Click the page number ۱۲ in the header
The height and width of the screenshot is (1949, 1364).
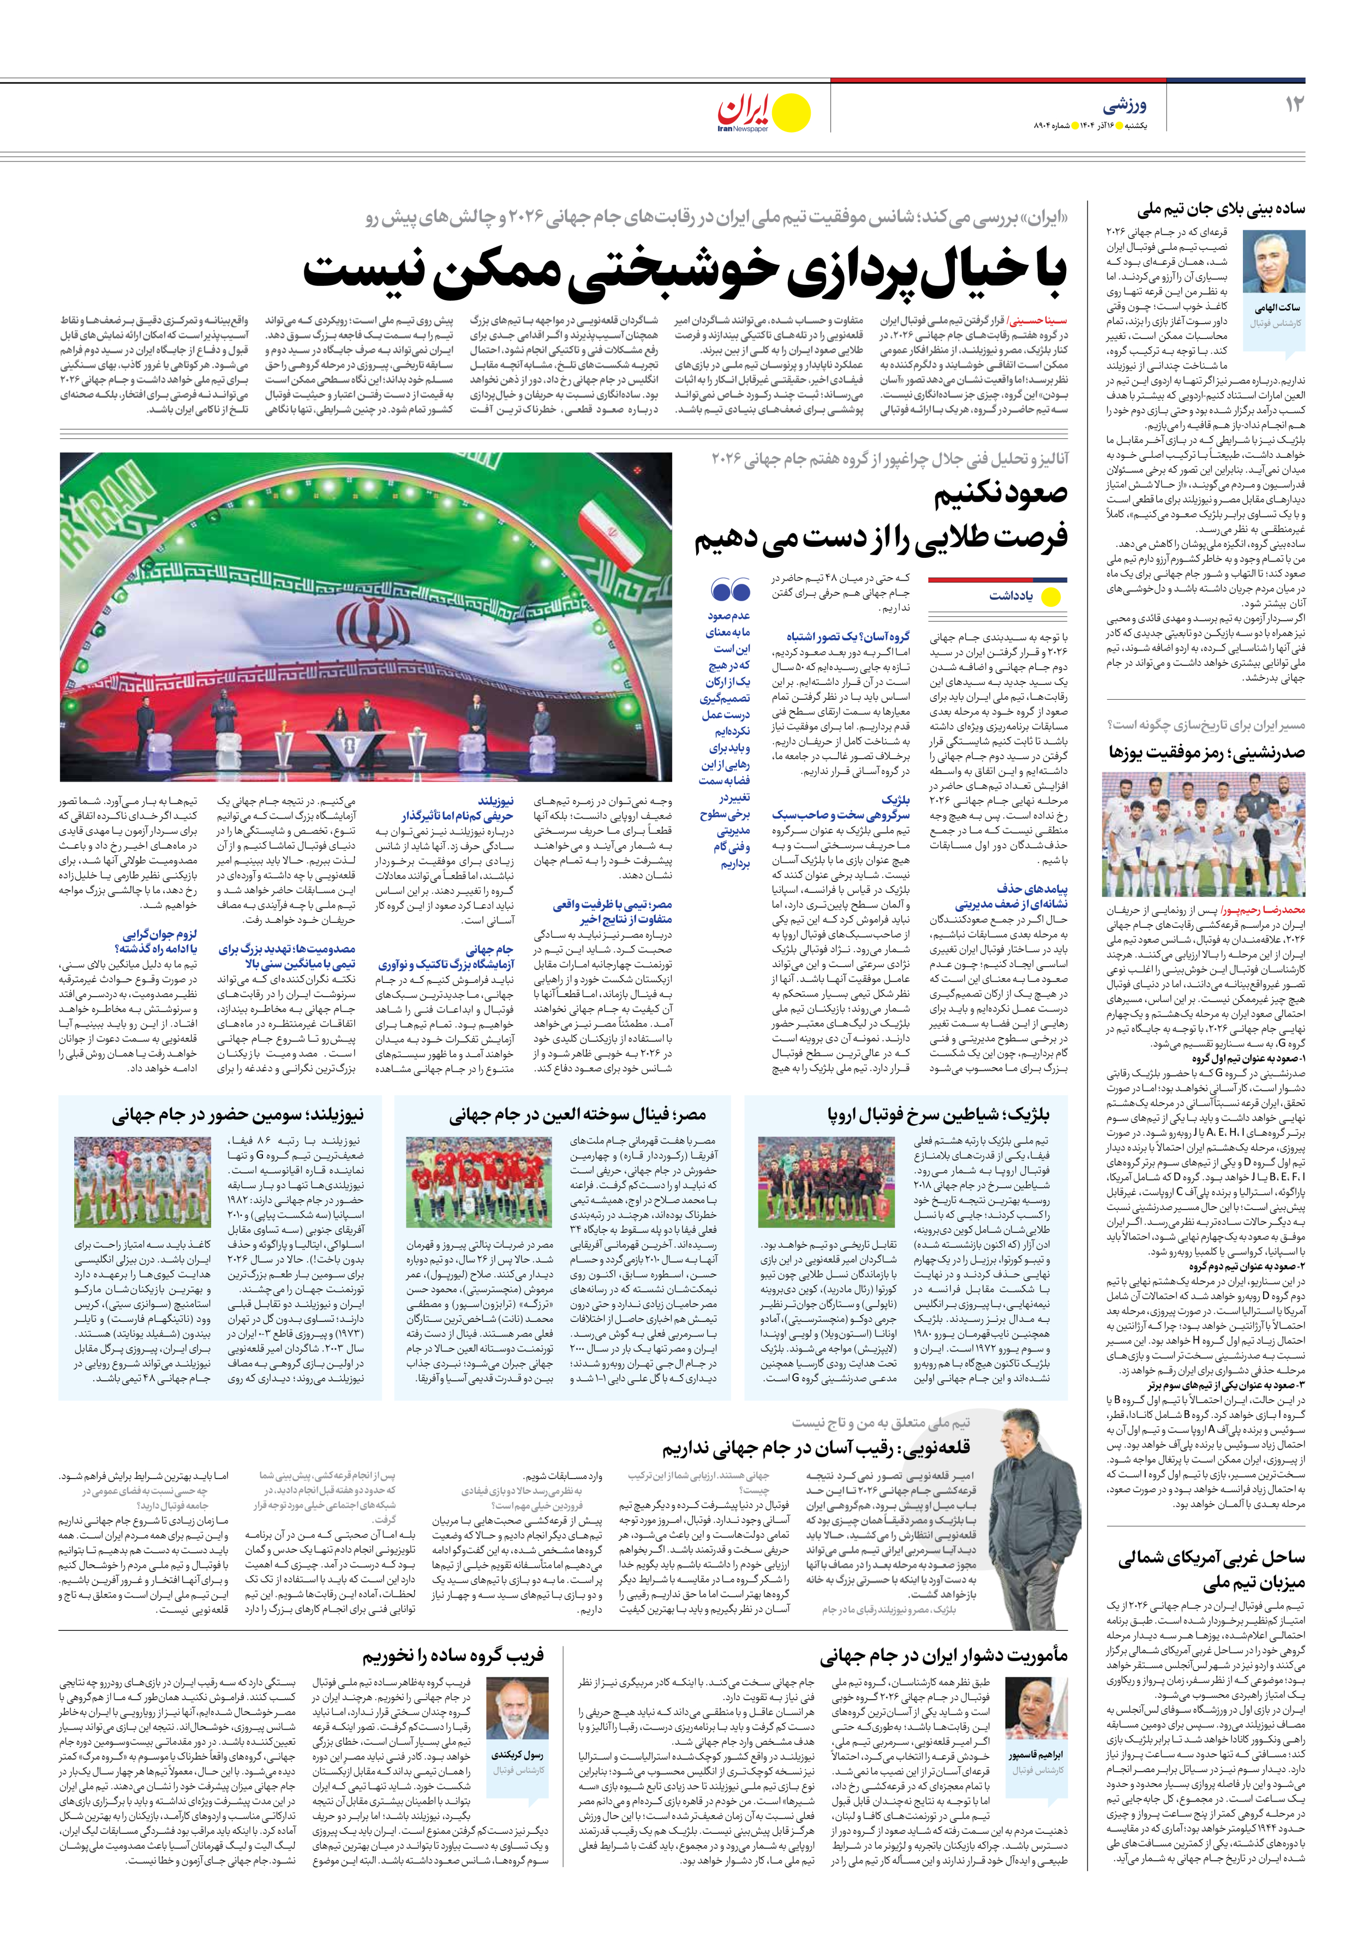coord(1294,104)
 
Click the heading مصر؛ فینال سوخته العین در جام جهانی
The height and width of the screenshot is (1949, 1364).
coord(577,1114)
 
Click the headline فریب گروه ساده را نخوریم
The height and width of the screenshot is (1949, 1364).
coord(452,1655)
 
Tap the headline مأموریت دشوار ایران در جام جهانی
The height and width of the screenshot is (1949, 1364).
coord(943,1655)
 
